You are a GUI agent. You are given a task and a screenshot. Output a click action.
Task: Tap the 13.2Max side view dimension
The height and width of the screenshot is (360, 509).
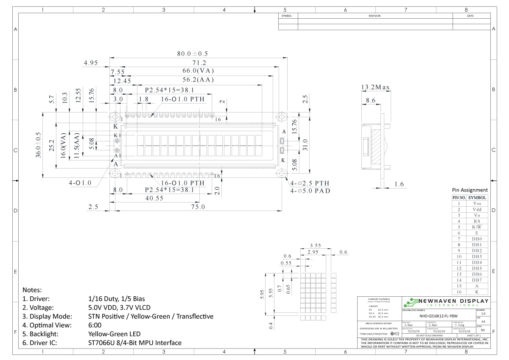(375, 87)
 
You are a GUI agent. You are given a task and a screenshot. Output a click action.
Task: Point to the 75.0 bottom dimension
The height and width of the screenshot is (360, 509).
(198, 207)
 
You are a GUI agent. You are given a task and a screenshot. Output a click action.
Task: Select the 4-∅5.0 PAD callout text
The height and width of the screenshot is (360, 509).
(310, 191)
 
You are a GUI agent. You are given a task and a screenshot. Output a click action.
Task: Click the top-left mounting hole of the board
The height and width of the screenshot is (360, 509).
(115, 116)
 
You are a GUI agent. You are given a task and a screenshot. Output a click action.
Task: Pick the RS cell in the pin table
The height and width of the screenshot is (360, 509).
(477, 221)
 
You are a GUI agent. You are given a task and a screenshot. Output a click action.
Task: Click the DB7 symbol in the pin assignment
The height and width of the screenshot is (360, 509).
(477, 280)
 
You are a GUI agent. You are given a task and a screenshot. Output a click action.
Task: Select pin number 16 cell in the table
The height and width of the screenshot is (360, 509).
(459, 292)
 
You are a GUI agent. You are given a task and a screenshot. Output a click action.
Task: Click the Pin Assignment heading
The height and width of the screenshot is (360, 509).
(470, 190)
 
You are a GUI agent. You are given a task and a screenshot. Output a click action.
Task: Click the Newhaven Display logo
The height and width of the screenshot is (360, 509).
(445, 302)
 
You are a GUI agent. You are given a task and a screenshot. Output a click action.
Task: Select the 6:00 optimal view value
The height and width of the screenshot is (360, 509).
(95, 325)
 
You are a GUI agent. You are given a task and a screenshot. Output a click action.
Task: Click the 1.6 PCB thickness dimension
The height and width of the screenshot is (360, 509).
(399, 184)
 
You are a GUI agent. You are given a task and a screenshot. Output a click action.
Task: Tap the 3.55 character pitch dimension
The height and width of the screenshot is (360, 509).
(315, 245)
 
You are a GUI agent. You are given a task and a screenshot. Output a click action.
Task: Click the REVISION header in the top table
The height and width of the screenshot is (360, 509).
(375, 16)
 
